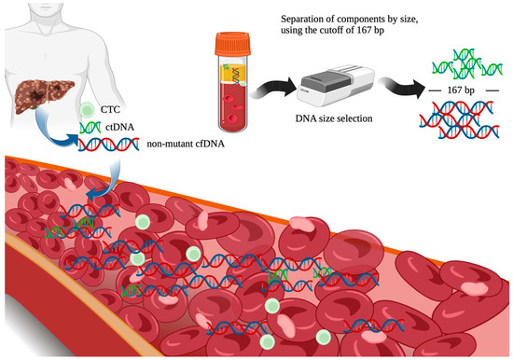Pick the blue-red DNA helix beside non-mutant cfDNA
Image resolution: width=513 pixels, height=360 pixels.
(x=110, y=145)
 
